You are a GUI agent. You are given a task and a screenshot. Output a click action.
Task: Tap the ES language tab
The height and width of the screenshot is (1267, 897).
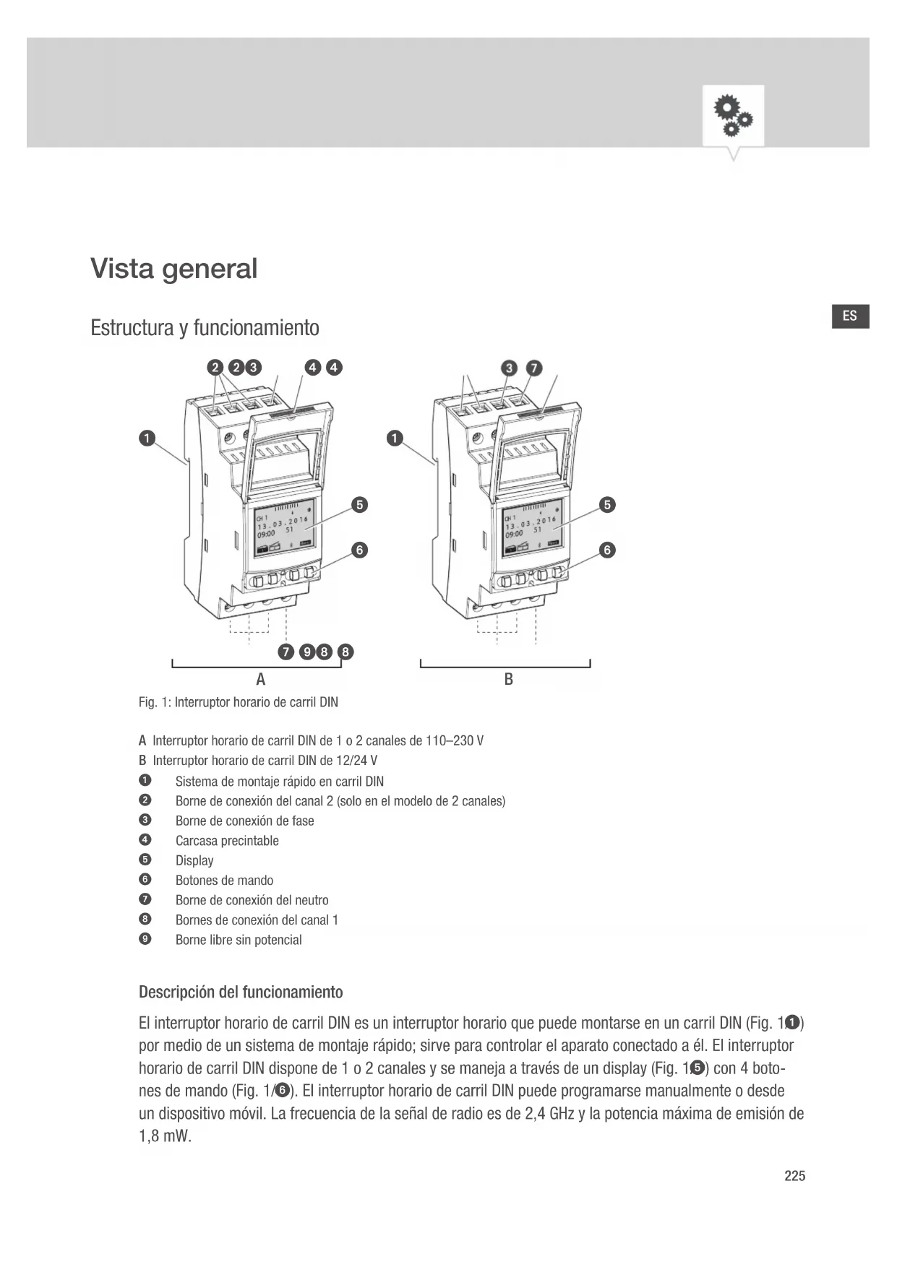[x=849, y=316]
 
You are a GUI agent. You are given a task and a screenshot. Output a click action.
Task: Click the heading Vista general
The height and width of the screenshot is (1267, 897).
[x=173, y=269]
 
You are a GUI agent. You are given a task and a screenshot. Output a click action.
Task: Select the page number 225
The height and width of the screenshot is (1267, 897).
[x=794, y=1176]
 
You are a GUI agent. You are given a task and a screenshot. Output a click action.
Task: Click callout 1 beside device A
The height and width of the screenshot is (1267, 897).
[x=147, y=438]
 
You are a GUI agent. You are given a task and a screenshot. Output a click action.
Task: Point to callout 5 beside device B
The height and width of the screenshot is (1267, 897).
[x=608, y=504]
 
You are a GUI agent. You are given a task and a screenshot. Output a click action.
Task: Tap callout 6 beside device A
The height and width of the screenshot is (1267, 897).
[x=359, y=550]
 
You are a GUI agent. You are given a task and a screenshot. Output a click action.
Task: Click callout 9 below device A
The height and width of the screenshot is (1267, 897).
[x=307, y=652]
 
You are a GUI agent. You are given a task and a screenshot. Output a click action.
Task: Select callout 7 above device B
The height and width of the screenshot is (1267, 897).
[x=533, y=368]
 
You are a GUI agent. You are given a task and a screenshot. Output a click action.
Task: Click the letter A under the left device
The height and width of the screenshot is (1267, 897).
[x=261, y=679]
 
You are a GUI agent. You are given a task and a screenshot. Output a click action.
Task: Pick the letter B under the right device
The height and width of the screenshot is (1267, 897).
[x=508, y=679]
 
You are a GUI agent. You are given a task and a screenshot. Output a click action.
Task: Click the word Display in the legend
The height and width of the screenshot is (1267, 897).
[x=194, y=860]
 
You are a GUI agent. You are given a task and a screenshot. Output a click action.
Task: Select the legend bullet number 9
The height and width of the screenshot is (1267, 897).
[x=145, y=939]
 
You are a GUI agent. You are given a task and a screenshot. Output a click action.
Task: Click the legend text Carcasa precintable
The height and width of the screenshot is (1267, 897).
[x=227, y=841]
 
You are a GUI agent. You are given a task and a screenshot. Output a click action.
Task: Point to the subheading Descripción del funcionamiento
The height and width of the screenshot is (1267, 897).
[x=241, y=992]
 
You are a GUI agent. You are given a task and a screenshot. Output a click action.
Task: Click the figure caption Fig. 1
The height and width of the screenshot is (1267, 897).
[x=238, y=702]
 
